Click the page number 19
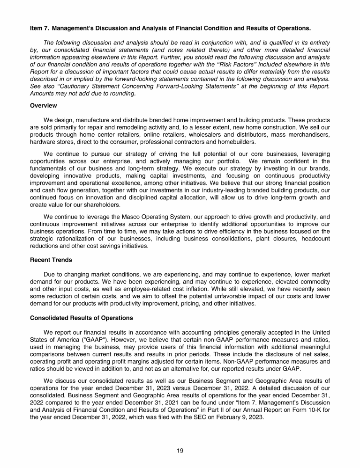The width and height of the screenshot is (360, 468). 180,451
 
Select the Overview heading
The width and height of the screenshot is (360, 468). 44,105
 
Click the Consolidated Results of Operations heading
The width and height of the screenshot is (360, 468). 81,318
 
